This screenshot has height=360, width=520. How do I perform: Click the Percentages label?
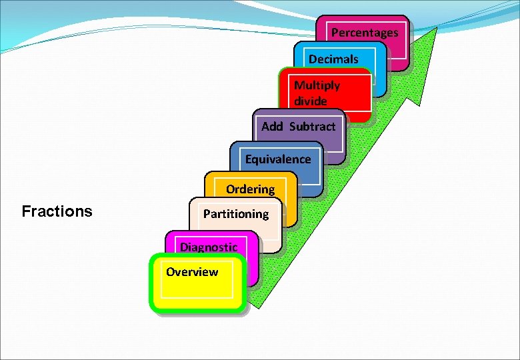coord(365,33)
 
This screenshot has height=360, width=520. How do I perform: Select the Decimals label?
coord(333,59)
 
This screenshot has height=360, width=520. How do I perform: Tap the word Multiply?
coord(317,85)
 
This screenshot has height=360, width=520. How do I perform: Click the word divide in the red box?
coord(310,101)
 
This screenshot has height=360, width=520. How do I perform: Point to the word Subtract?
coord(313,126)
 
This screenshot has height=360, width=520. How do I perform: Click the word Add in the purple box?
coord(273,126)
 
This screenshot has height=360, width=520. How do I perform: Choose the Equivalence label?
coord(278,159)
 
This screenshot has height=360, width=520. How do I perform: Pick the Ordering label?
coord(250,189)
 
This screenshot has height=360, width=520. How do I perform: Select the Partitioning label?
coord(236,214)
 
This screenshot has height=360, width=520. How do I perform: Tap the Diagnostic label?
coord(209,247)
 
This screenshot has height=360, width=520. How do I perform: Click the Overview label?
coord(192,272)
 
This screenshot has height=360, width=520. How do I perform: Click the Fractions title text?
coord(57,212)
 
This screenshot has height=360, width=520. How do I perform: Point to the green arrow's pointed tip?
coord(437,29)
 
